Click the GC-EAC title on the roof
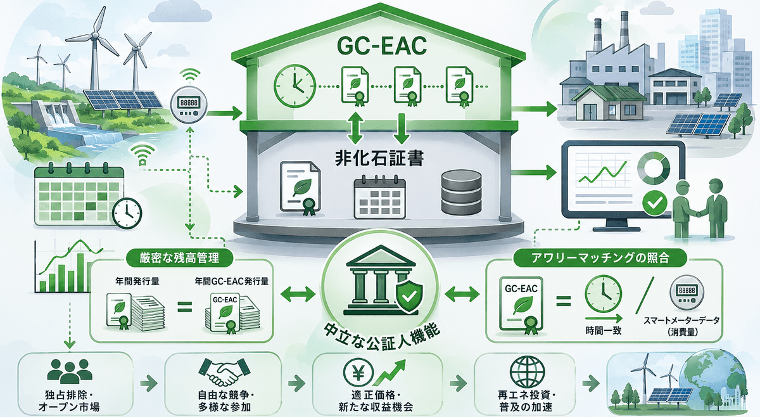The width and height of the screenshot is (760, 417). [x=383, y=46]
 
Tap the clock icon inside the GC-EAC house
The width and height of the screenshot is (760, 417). [x=295, y=86]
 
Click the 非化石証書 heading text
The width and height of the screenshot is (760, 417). [x=379, y=158]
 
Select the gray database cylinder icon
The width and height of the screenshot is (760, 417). [x=462, y=192]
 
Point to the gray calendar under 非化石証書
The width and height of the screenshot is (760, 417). [x=379, y=197]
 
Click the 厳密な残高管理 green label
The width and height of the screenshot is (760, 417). [x=179, y=259]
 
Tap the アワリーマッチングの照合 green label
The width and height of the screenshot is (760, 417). [x=600, y=259]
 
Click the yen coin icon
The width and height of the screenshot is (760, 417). [x=358, y=373]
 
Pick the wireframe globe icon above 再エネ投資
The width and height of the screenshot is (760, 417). [x=527, y=372]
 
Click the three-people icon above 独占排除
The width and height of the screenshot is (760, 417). [x=70, y=372]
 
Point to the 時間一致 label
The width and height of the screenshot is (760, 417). [x=603, y=330]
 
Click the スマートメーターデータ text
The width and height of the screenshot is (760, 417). [x=681, y=320]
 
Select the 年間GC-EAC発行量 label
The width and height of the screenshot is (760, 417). [x=232, y=281]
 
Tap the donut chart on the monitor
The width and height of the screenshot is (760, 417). [x=654, y=168]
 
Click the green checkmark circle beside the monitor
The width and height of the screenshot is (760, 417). [x=655, y=203]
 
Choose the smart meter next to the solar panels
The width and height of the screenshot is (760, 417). [x=189, y=103]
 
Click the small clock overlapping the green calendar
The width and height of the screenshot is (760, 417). [x=127, y=214]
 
